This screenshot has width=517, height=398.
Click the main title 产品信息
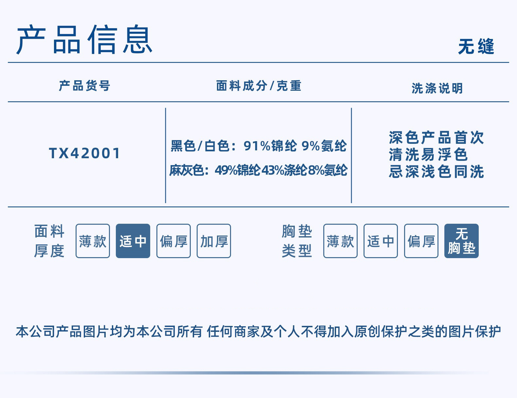(84, 40)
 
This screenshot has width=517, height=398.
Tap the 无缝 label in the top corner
(476, 46)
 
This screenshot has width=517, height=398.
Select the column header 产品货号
(84, 86)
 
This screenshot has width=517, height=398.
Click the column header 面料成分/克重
(258, 86)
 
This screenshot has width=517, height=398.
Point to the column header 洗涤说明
(437, 88)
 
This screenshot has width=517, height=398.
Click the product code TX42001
(85, 153)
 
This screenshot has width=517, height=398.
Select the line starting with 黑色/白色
(258, 146)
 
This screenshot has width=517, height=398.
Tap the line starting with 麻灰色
(258, 170)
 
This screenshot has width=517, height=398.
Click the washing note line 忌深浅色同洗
(437, 172)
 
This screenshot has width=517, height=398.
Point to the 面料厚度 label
(49, 241)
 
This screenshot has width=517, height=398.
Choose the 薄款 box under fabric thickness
(93, 241)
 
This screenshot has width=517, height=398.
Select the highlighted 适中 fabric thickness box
(133, 241)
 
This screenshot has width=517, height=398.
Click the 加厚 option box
(214, 241)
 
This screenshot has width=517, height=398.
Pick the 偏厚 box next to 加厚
(173, 241)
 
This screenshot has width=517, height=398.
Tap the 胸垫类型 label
(297, 241)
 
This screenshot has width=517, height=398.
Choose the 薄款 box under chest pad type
(340, 241)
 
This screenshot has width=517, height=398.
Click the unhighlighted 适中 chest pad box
(381, 241)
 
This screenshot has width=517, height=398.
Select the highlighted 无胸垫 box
(461, 241)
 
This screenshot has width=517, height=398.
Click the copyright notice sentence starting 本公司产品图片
(258, 332)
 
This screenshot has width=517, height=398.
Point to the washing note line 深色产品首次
(437, 138)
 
